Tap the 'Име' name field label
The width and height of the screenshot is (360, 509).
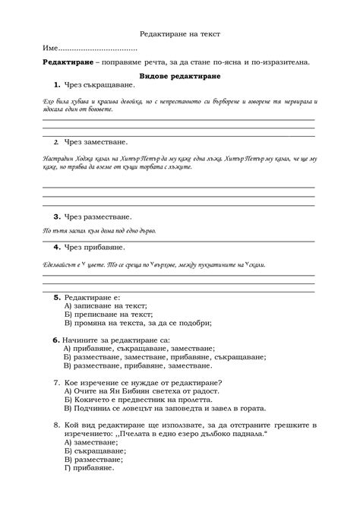click(52, 48)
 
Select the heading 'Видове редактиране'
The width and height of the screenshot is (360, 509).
click(180, 77)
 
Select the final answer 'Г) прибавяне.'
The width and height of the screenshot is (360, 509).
click(89, 467)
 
